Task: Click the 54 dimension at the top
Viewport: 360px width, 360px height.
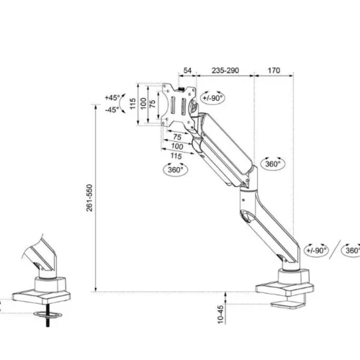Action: tap(187, 71)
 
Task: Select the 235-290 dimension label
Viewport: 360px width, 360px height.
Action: tap(225, 71)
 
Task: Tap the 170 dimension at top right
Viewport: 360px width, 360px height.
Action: tap(274, 71)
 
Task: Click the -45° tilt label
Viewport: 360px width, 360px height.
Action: tap(112, 110)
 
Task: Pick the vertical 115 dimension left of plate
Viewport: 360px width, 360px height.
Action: tap(132, 104)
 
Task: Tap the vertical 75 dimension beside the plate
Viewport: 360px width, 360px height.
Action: tap(153, 103)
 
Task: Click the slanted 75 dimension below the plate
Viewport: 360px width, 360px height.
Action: tap(178, 136)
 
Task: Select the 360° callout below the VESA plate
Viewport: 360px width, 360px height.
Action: tap(175, 170)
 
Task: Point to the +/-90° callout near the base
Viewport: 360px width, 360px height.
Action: tap(315, 250)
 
